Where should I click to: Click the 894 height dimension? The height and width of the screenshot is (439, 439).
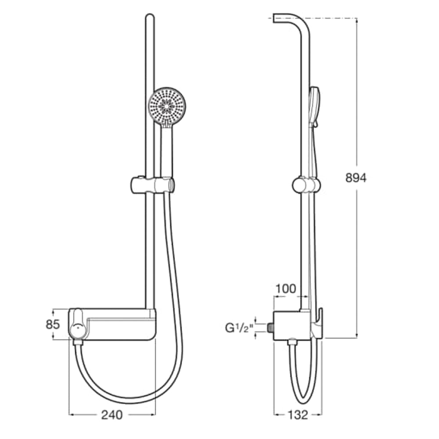click(x=356, y=178)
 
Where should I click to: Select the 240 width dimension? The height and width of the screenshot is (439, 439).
click(x=112, y=414)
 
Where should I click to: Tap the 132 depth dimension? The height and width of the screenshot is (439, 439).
click(x=298, y=414)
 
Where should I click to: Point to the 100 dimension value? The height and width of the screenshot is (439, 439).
click(x=286, y=289)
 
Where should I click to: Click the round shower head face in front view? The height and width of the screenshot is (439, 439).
click(x=167, y=106)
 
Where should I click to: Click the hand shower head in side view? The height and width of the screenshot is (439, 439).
click(x=315, y=105)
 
